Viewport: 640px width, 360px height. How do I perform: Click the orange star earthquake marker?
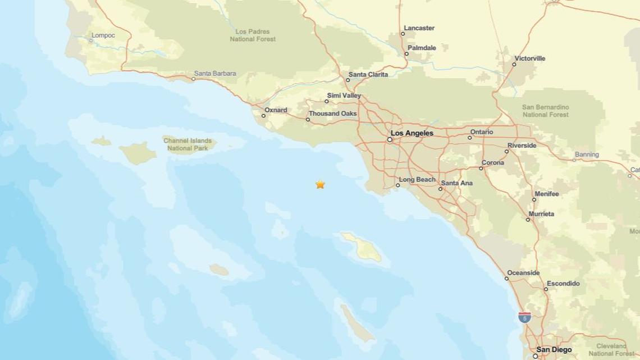coord(320,184)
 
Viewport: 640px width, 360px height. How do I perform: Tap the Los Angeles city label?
coord(412,133)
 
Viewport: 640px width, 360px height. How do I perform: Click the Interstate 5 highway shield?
coord(524,317)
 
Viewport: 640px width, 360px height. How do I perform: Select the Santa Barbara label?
coord(215,73)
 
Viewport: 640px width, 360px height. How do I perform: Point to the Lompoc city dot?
coord(91,40)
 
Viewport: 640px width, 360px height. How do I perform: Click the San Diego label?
coord(554,350)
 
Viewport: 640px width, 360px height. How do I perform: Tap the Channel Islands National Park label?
coord(188,144)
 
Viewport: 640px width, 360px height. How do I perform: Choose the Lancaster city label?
coord(419,28)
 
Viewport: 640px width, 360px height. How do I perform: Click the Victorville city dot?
coord(514,65)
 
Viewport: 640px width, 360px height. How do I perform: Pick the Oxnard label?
coord(276,110)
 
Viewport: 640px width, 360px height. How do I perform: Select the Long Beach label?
coord(417,180)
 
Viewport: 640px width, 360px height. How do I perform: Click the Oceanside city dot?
coord(506,279)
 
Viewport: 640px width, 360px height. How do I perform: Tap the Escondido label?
coord(563,284)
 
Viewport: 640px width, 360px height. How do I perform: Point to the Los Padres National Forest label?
coord(253,35)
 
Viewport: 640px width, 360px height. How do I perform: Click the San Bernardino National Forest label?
coord(545,111)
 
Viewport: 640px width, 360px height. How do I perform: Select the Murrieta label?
coord(541,214)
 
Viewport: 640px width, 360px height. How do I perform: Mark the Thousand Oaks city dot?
coord(308,120)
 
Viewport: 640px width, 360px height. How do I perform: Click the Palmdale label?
coord(422,48)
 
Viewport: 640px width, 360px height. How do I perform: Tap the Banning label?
coord(587,154)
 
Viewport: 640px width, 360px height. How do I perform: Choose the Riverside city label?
coord(522,145)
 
